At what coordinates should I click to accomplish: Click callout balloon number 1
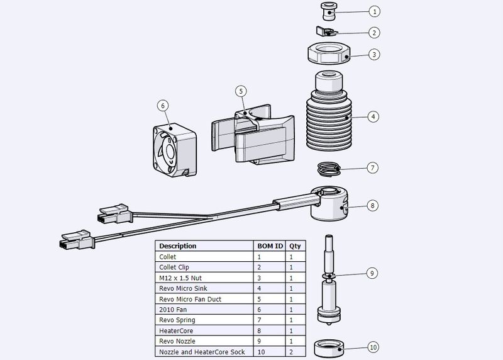point(373,11)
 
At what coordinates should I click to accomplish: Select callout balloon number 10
point(373,347)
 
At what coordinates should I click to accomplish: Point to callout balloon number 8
point(373,205)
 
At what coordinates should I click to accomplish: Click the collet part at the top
point(327,11)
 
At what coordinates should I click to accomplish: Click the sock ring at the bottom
point(328,348)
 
